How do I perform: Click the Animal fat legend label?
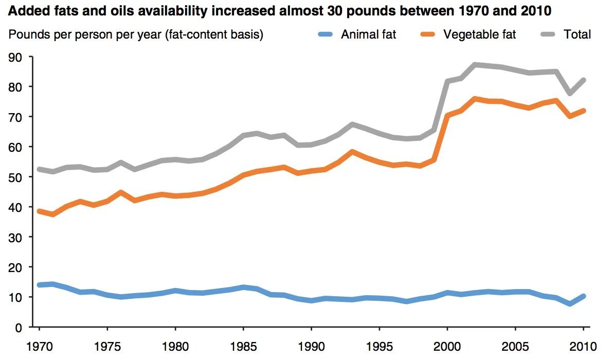(368, 34)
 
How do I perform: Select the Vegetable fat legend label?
(479, 34)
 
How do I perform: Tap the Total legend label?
(577, 34)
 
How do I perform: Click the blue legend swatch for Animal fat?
(326, 34)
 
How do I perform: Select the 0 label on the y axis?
(19, 327)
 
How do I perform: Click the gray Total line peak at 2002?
(475, 65)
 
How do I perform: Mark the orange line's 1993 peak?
(352, 152)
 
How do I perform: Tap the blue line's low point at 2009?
(570, 304)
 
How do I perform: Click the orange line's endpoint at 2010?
(583, 111)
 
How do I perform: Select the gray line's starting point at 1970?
(39, 169)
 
